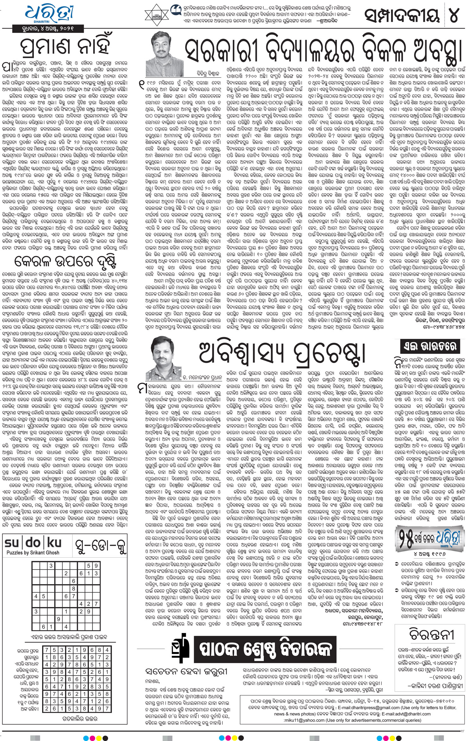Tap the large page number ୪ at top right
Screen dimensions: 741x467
(x=454, y=14)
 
